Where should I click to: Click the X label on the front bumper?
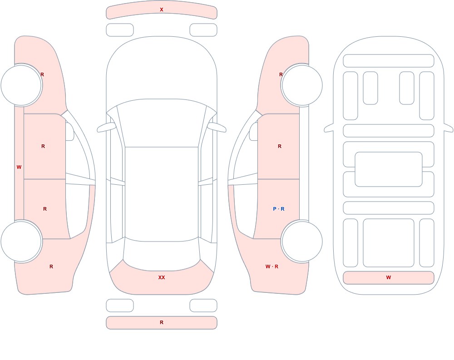coord(162,10)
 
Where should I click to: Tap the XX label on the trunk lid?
coord(162,277)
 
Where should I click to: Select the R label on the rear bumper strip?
coord(162,322)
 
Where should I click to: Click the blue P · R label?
coord(279,209)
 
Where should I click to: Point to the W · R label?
coord(272,266)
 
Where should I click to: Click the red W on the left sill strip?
coord(19,167)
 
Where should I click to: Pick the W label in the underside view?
coord(389,277)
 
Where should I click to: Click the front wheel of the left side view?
coord(21,85)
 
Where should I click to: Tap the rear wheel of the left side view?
coord(21,241)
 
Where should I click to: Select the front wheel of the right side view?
coord(302,85)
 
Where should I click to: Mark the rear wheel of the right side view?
coord(302,241)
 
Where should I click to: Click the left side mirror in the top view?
coord(106,127)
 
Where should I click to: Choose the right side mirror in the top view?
coord(217,127)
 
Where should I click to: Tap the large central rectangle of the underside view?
coord(389,169)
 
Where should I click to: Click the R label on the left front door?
coord(43,146)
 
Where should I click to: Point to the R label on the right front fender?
coord(281,74)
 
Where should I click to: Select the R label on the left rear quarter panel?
coord(51,266)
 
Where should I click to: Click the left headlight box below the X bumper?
coord(120,30)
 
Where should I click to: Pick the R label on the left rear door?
coord(45,209)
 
